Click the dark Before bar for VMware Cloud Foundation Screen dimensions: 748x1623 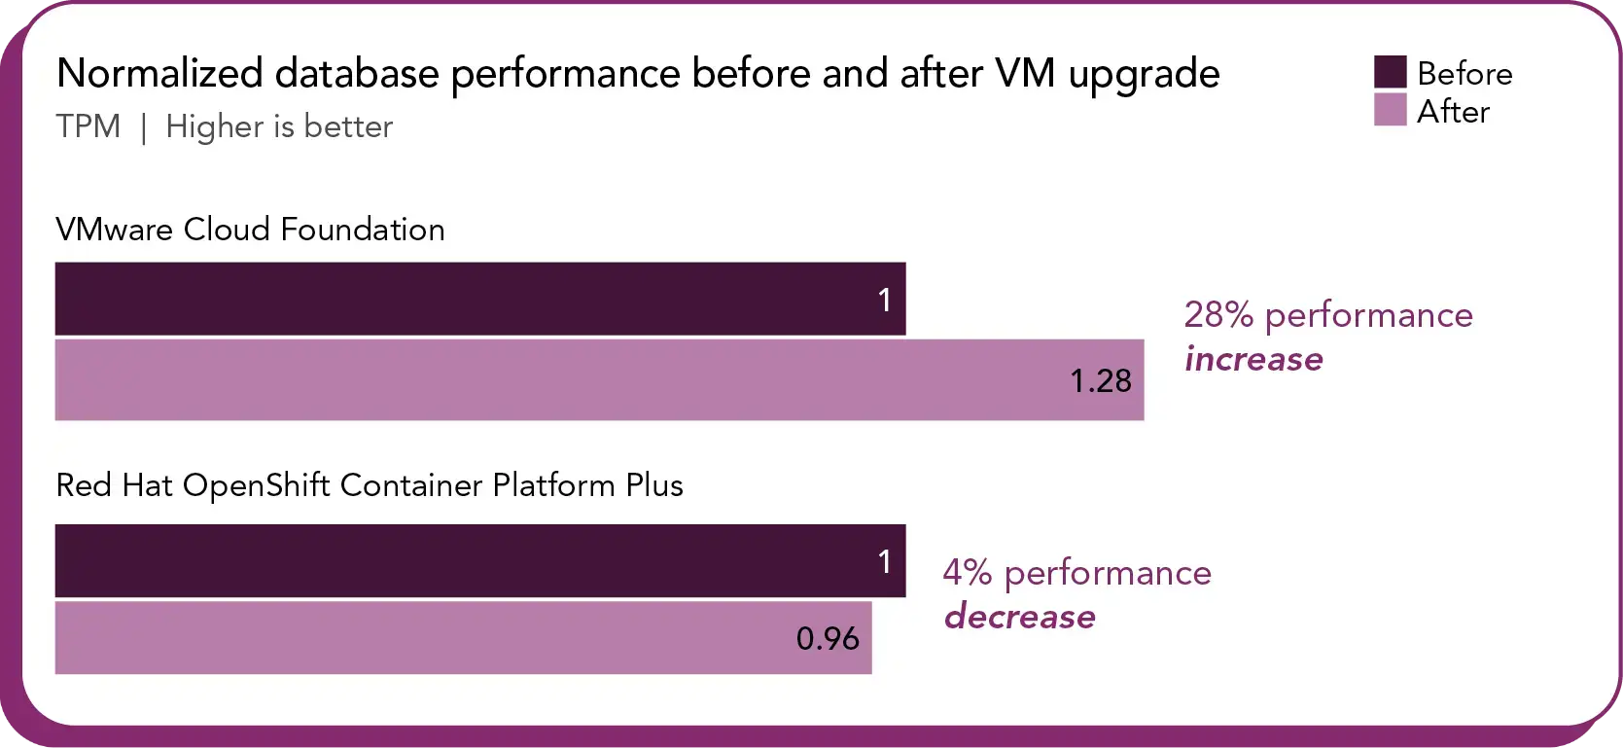click(x=467, y=300)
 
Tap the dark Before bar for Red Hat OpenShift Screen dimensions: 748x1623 click(x=467, y=561)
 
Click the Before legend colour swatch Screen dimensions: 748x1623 click(x=1390, y=73)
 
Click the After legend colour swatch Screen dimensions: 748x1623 click(x=1390, y=111)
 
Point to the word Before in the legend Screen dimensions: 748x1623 click(x=1464, y=74)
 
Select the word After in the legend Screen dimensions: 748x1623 click(x=1453, y=112)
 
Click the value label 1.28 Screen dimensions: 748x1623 click(x=1100, y=380)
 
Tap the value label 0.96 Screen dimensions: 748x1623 click(x=828, y=638)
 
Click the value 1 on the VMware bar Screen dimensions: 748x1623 click(x=884, y=300)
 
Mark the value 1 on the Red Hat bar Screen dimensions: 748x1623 click(x=884, y=561)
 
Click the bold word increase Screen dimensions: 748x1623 click(x=1253, y=359)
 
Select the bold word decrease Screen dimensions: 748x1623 click(x=1019, y=617)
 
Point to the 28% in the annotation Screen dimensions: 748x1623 click(x=1218, y=315)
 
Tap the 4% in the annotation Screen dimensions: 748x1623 click(x=967, y=573)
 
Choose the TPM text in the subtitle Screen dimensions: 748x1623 click(x=88, y=126)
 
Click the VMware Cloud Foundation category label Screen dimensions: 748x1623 click(x=250, y=230)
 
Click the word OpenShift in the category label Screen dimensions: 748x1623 click(x=257, y=485)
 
